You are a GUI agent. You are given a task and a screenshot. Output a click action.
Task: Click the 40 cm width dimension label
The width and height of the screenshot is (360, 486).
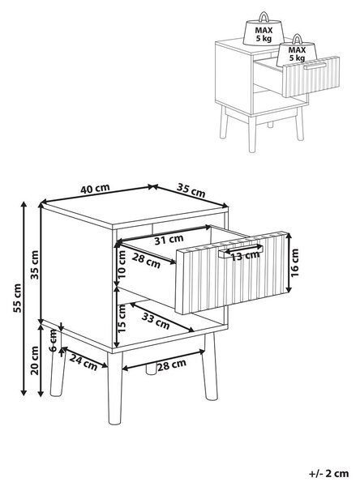tap(95, 189)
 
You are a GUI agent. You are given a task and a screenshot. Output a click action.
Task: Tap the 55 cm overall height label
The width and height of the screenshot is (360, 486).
tap(17, 298)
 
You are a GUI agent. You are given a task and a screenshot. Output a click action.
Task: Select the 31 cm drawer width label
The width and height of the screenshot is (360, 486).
tap(169, 240)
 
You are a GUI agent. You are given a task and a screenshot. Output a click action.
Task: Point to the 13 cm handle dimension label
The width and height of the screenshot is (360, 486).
tap(245, 256)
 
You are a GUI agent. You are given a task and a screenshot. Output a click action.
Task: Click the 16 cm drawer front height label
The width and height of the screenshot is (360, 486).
tap(295, 262)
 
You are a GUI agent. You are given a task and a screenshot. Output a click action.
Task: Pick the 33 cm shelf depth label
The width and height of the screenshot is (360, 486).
tap(156, 321)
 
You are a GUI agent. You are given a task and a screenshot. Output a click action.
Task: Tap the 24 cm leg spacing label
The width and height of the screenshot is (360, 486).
tap(84, 362)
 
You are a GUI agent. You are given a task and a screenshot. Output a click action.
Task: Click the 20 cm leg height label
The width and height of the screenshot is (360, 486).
tap(35, 360)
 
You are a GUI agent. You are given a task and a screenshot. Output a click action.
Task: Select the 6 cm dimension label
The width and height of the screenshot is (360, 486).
tap(54, 340)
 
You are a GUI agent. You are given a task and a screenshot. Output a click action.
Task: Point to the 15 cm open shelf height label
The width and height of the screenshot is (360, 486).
tap(122, 318)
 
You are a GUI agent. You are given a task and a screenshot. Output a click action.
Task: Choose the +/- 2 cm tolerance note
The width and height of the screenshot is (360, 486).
tap(329, 473)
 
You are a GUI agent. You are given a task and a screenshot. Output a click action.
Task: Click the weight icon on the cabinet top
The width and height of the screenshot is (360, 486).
tap(264, 29)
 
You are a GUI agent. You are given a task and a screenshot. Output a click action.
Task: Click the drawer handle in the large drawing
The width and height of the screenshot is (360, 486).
tap(241, 251)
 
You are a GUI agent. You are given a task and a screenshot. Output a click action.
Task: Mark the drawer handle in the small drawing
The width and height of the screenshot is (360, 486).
tap(315, 66)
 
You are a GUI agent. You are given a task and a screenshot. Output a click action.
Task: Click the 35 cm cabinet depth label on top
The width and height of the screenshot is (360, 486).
tap(191, 190)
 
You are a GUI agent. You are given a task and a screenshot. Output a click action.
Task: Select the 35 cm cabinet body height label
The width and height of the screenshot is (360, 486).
tap(35, 265)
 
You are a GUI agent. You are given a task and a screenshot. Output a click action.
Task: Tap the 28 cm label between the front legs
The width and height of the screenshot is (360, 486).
tap(172, 364)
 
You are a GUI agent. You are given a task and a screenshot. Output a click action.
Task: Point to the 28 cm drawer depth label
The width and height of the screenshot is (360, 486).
tap(146, 261)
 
